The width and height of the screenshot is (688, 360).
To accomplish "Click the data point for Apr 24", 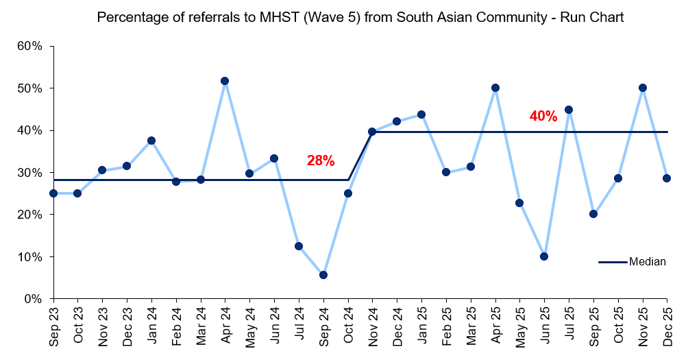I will pos(225,81).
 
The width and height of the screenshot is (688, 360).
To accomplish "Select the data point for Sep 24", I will pos(323,275).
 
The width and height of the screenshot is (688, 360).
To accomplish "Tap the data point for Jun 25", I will pos(544,256).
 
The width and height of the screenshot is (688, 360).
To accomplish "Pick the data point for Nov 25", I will pos(643,88).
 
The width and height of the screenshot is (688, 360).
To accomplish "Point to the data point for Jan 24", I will pos(151,141).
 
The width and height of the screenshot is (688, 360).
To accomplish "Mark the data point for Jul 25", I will pos(569,110).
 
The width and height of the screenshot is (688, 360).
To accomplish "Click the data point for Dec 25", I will pos(667,178).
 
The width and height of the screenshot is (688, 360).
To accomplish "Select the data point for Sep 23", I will pos(53,193).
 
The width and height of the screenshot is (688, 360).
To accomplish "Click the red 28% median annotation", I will pos(321,161).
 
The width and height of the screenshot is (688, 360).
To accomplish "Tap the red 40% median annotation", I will pos(543,117).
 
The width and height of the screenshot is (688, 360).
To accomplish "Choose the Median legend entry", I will pos(632,262).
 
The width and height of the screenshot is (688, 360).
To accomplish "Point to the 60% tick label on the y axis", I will pos(30,47).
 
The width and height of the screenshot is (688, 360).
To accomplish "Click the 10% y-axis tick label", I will pos(30,257).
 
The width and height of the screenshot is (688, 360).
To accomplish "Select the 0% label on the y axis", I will pos(33,299).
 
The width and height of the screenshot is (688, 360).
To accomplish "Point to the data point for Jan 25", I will pos(421,115).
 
